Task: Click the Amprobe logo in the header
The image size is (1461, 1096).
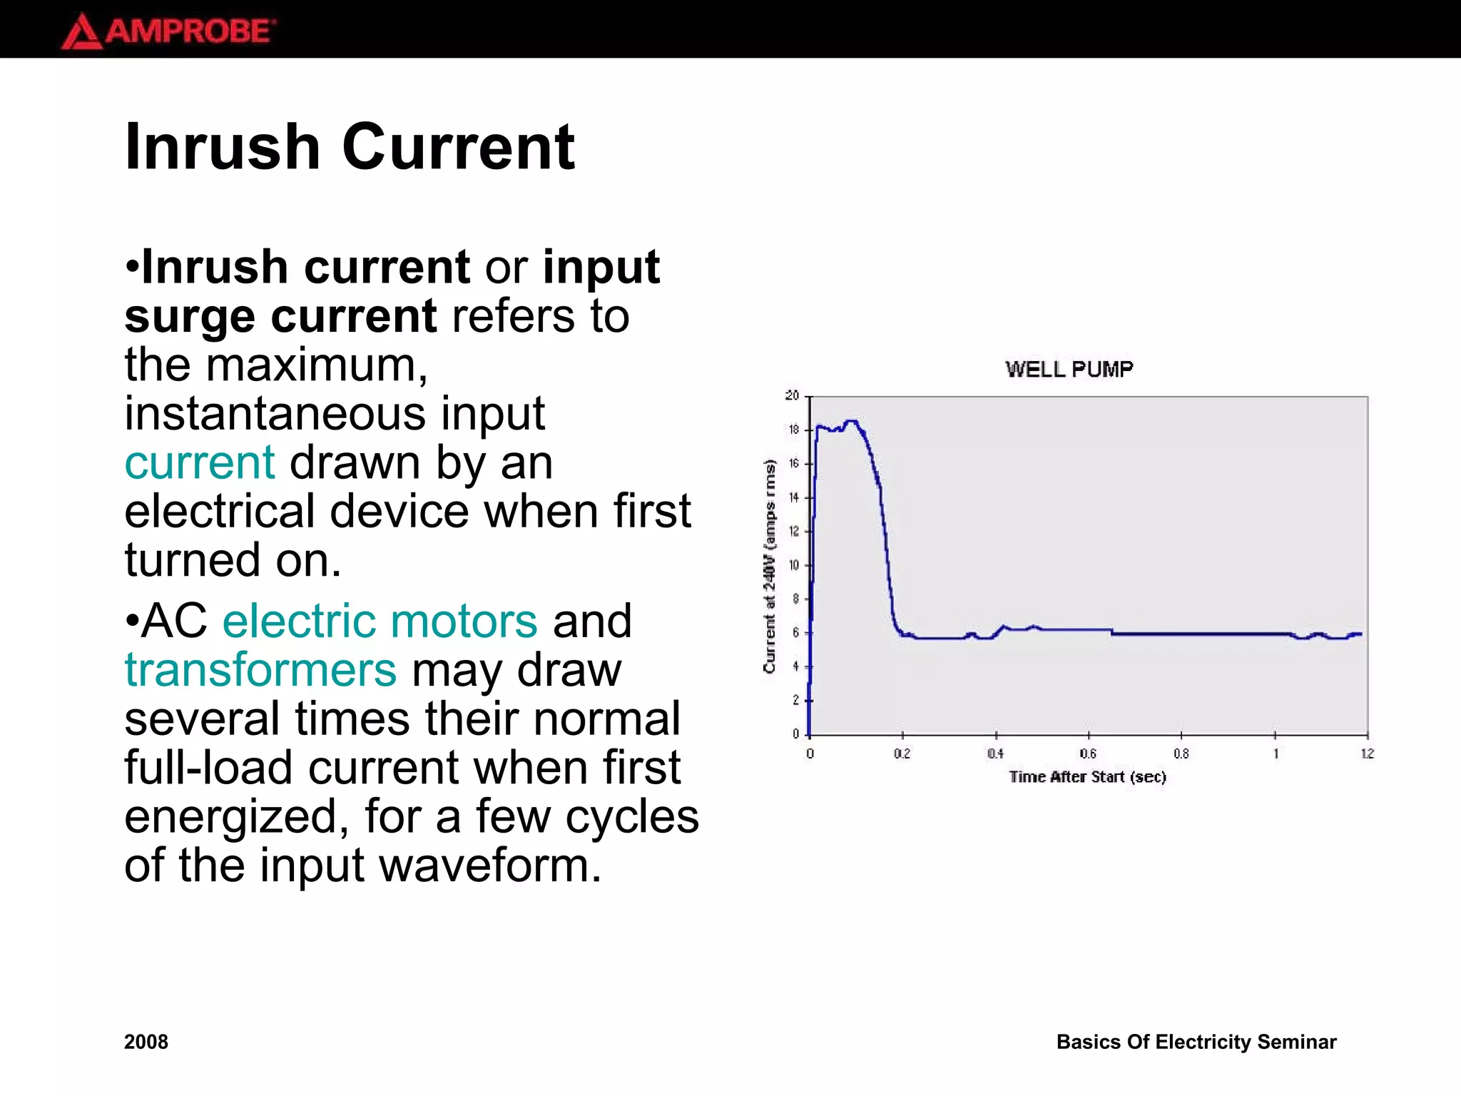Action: click(x=168, y=31)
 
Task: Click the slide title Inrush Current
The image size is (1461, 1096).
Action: click(x=350, y=147)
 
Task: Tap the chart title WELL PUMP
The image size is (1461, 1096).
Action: click(x=1069, y=369)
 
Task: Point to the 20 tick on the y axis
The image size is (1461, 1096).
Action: click(x=792, y=395)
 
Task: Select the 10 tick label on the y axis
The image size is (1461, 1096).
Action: click(x=793, y=565)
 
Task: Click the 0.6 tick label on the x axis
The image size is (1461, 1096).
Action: click(x=1088, y=753)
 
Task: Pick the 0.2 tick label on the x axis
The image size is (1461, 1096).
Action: click(x=902, y=753)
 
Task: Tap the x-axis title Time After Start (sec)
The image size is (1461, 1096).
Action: click(x=1087, y=777)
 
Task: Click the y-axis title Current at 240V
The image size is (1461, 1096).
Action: click(x=769, y=566)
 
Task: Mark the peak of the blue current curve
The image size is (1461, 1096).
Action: click(x=850, y=422)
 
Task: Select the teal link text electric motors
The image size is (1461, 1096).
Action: click(x=380, y=621)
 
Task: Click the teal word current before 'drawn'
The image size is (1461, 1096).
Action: click(x=200, y=462)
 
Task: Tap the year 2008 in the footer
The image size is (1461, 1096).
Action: click(x=146, y=1042)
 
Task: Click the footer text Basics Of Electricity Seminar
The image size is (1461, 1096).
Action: click(x=1196, y=1042)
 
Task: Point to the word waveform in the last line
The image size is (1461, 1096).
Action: click(x=490, y=865)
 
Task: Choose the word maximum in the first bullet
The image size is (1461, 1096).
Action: click(x=317, y=365)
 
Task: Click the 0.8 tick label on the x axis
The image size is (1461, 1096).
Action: click(x=1181, y=753)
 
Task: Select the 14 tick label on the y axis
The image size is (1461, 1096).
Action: click(x=793, y=497)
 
